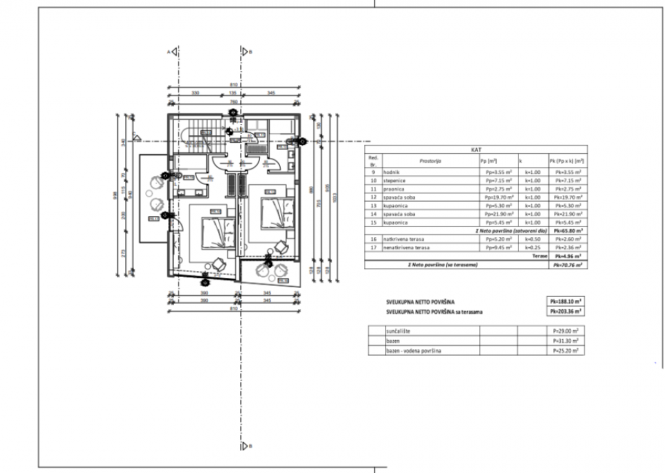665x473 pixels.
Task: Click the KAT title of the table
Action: pyautogui.click(x=475, y=148)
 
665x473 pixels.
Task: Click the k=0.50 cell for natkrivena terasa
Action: pyautogui.click(x=532, y=238)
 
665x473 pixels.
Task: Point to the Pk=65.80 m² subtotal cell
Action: pyautogui.click(x=567, y=230)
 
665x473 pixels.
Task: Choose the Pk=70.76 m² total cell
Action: pyautogui.click(x=567, y=265)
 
